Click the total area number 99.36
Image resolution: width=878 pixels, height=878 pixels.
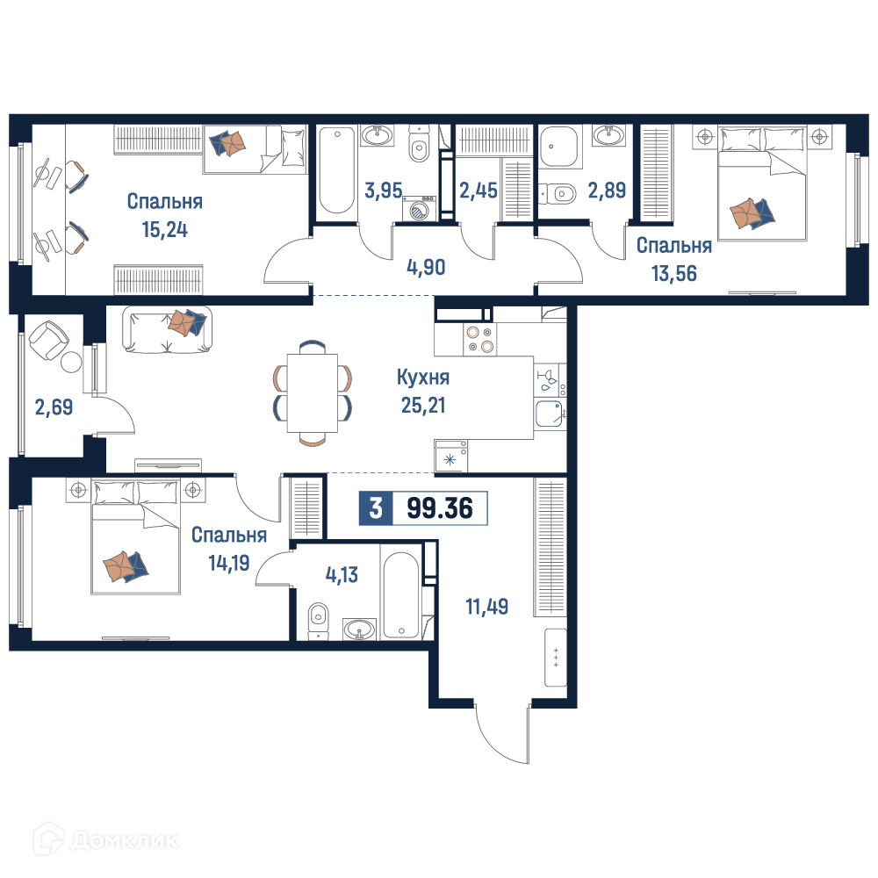click(x=440, y=507)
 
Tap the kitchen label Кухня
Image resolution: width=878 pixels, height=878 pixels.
click(x=423, y=378)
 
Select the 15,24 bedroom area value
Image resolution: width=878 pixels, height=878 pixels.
click(x=165, y=229)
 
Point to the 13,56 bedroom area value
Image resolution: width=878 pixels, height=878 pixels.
click(x=673, y=274)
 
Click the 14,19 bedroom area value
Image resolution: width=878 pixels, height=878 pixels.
click(x=229, y=563)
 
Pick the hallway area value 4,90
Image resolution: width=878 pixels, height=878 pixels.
click(x=426, y=268)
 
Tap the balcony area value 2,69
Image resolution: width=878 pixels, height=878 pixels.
click(x=54, y=407)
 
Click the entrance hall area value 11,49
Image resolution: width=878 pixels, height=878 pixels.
click(x=487, y=607)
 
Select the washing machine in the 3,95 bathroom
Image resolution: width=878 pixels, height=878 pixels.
click(x=419, y=210)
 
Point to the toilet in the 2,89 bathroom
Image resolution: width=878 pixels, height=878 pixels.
click(x=558, y=194)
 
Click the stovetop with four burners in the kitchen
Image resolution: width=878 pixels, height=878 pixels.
click(x=480, y=339)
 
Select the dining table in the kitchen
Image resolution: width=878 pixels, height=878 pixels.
click(x=313, y=393)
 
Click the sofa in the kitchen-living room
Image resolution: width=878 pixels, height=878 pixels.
click(x=168, y=329)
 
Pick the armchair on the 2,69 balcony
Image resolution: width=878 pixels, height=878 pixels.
click(x=48, y=339)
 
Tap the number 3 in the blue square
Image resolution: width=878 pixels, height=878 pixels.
click(x=376, y=507)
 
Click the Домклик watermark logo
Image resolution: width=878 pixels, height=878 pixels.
click(x=106, y=840)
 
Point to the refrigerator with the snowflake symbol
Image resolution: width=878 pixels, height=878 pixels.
click(x=450, y=456)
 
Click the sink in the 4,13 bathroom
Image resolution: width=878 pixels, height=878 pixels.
click(x=359, y=629)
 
